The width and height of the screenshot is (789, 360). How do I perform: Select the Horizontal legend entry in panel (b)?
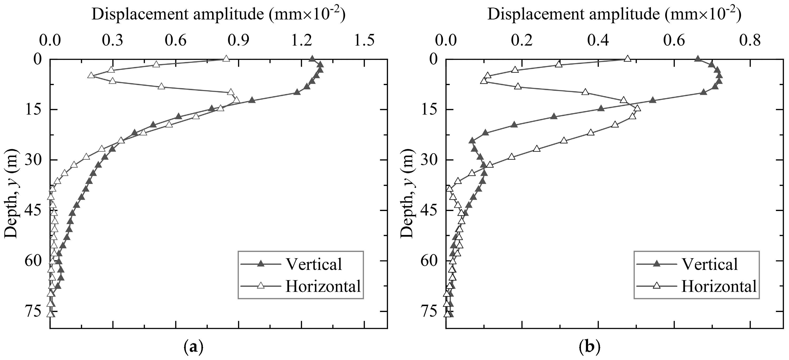point(719,287)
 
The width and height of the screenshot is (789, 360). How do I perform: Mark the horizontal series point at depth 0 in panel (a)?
point(226,59)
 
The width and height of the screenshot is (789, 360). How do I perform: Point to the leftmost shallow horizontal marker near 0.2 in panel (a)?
point(91,75)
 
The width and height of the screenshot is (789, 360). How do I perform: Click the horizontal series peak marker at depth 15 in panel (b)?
point(637,108)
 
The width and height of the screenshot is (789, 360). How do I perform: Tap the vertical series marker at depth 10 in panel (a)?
point(297,92)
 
